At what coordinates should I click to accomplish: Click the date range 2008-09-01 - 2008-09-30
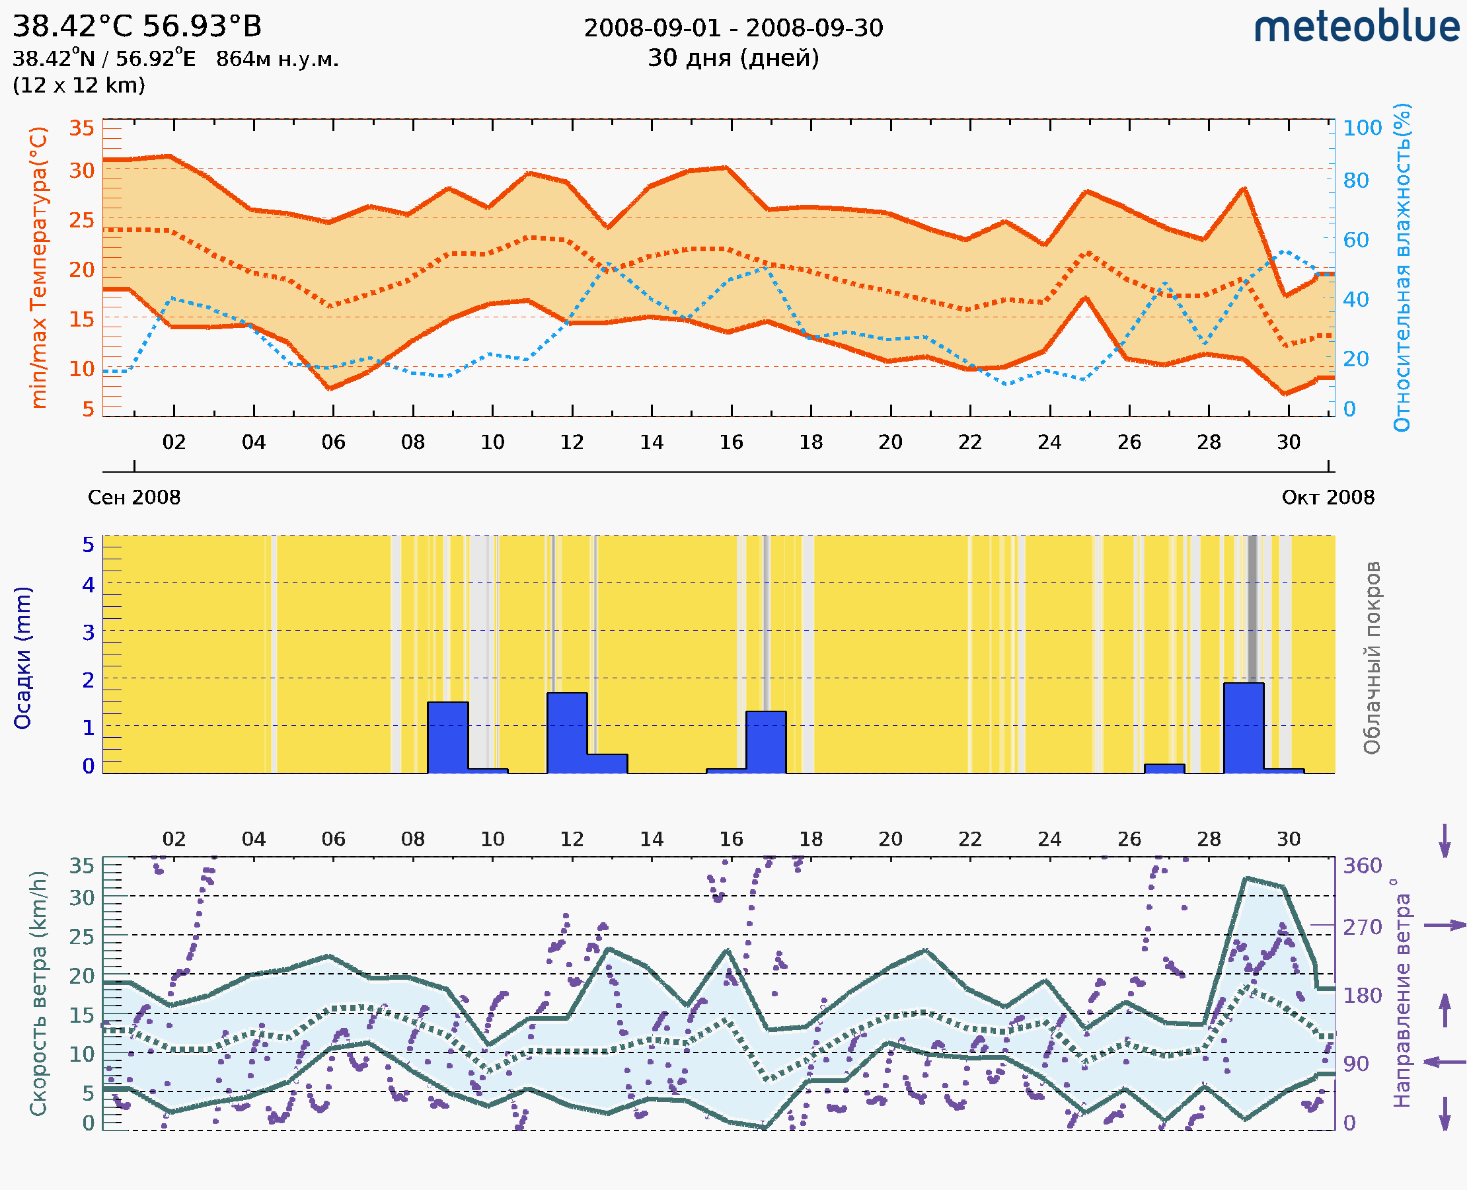733,28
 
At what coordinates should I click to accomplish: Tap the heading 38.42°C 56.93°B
137,26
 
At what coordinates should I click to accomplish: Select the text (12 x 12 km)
79,86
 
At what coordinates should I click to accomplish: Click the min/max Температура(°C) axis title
39,267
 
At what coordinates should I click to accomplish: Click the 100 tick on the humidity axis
1362,128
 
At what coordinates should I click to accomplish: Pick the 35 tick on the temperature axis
81,128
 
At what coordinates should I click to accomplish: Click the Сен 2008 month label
134,497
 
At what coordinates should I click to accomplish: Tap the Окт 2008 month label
1328,497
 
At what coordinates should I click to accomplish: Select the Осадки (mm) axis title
22,658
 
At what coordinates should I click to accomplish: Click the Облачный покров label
1372,658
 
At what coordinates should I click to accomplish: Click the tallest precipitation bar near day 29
1244,728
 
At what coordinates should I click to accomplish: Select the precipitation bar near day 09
447,738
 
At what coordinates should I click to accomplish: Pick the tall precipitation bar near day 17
766,742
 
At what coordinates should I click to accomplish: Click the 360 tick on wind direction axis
1362,866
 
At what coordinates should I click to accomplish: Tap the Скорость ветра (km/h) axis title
39,994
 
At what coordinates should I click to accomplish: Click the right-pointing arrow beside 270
1445,926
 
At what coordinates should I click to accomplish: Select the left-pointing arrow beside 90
1445,1062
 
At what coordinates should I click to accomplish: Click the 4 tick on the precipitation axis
89,584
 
